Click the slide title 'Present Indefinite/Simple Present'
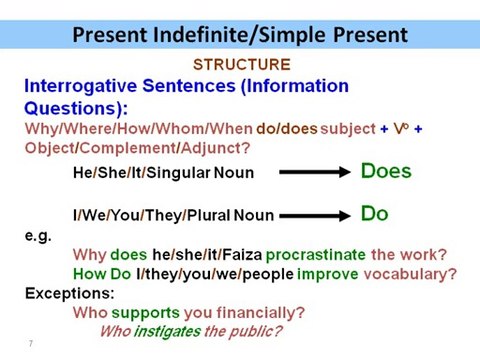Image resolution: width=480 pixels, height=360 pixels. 240,36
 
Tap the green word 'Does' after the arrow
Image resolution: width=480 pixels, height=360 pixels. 386,171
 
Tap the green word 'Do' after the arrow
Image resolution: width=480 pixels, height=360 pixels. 374,213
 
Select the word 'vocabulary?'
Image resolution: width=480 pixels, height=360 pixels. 413,274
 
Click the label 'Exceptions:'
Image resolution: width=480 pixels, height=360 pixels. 69,294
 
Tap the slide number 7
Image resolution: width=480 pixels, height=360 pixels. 30,344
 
